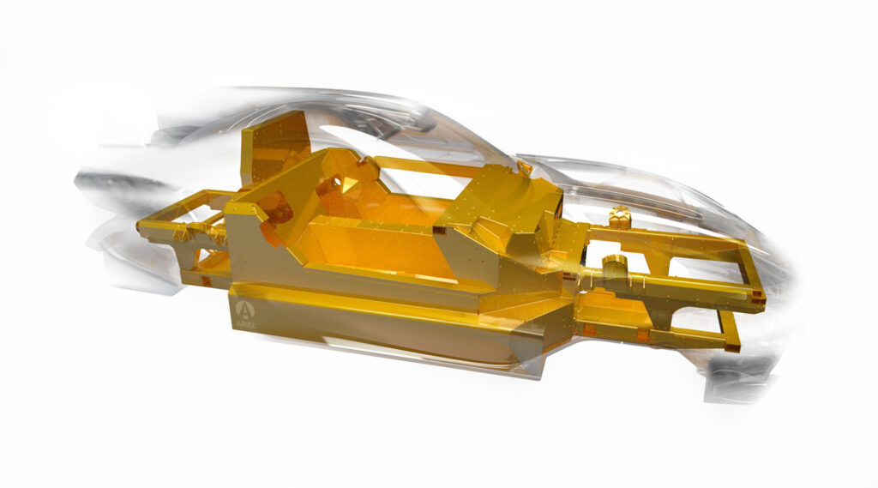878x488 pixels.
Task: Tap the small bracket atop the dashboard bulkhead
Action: point(524,168)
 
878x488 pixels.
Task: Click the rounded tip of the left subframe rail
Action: point(141,227)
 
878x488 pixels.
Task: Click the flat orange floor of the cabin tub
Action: point(386,249)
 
